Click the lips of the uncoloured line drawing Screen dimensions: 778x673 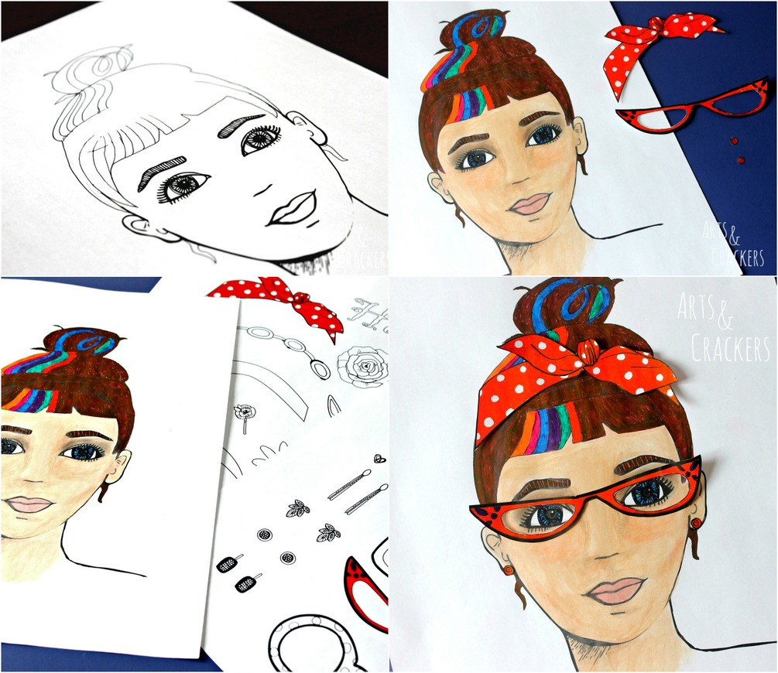point(293,208)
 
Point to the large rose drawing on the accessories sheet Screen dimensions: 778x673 point(363,366)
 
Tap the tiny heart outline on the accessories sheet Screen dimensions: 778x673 point(381,458)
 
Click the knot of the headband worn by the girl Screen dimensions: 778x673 point(589,352)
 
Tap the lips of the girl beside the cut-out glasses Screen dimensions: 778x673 point(530,203)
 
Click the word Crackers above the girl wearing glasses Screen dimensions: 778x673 point(729,347)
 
